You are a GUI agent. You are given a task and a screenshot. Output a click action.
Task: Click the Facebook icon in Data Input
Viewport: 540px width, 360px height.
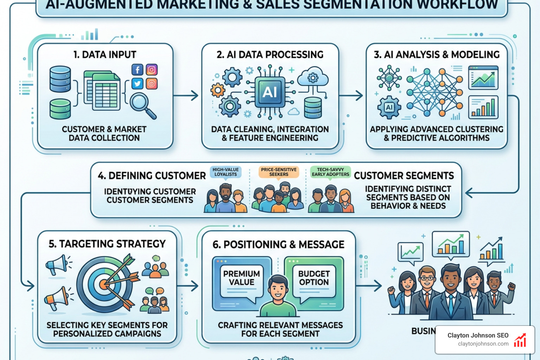click(x=137, y=70)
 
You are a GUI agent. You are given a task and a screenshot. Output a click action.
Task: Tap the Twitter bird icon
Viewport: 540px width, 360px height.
click(x=137, y=84)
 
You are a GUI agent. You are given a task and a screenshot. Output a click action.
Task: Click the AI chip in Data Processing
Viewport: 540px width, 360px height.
click(x=270, y=92)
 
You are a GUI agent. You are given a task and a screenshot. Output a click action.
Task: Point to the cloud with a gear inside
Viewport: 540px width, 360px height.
click(x=313, y=77)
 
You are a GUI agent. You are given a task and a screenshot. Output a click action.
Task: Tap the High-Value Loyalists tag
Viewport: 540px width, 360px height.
click(x=226, y=172)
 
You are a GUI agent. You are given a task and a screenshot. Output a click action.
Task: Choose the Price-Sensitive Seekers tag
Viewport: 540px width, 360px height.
click(x=278, y=172)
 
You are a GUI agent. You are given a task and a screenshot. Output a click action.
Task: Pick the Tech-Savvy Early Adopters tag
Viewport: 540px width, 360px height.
click(x=330, y=172)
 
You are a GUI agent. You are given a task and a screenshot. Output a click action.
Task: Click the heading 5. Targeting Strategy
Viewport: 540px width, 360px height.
click(x=107, y=244)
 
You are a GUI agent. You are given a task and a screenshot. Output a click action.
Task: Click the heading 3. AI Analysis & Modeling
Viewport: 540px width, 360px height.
click(x=437, y=54)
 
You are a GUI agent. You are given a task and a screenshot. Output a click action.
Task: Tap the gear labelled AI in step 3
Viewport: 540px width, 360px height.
click(x=389, y=107)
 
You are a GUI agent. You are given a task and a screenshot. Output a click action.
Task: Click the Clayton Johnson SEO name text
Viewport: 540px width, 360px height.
click(x=478, y=335)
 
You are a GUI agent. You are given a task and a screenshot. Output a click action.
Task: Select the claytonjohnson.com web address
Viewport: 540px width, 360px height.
click(x=483, y=344)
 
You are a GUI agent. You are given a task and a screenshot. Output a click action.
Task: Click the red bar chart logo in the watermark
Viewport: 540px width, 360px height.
click(x=520, y=341)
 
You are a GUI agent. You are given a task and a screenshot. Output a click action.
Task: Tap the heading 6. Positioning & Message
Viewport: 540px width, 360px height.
click(x=278, y=245)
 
